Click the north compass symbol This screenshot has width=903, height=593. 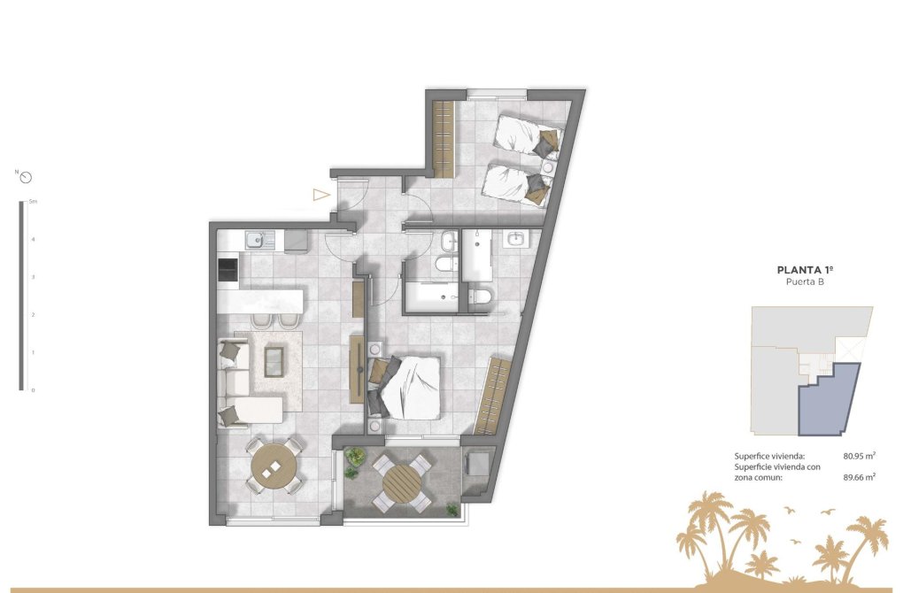[x=26, y=176]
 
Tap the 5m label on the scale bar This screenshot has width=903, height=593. [x=33, y=203]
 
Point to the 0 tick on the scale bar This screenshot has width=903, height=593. [x=33, y=389]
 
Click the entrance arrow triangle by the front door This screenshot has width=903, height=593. [x=320, y=195]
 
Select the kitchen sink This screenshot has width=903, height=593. [x=255, y=238]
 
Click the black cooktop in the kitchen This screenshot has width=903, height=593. [x=228, y=270]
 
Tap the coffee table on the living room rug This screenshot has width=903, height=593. [x=275, y=359]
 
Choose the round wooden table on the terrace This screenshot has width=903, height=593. [x=403, y=485]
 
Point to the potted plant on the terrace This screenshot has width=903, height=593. [x=354, y=458]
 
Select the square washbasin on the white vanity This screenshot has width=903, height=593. [x=516, y=238]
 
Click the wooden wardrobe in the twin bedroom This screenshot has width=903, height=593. [x=444, y=137]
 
